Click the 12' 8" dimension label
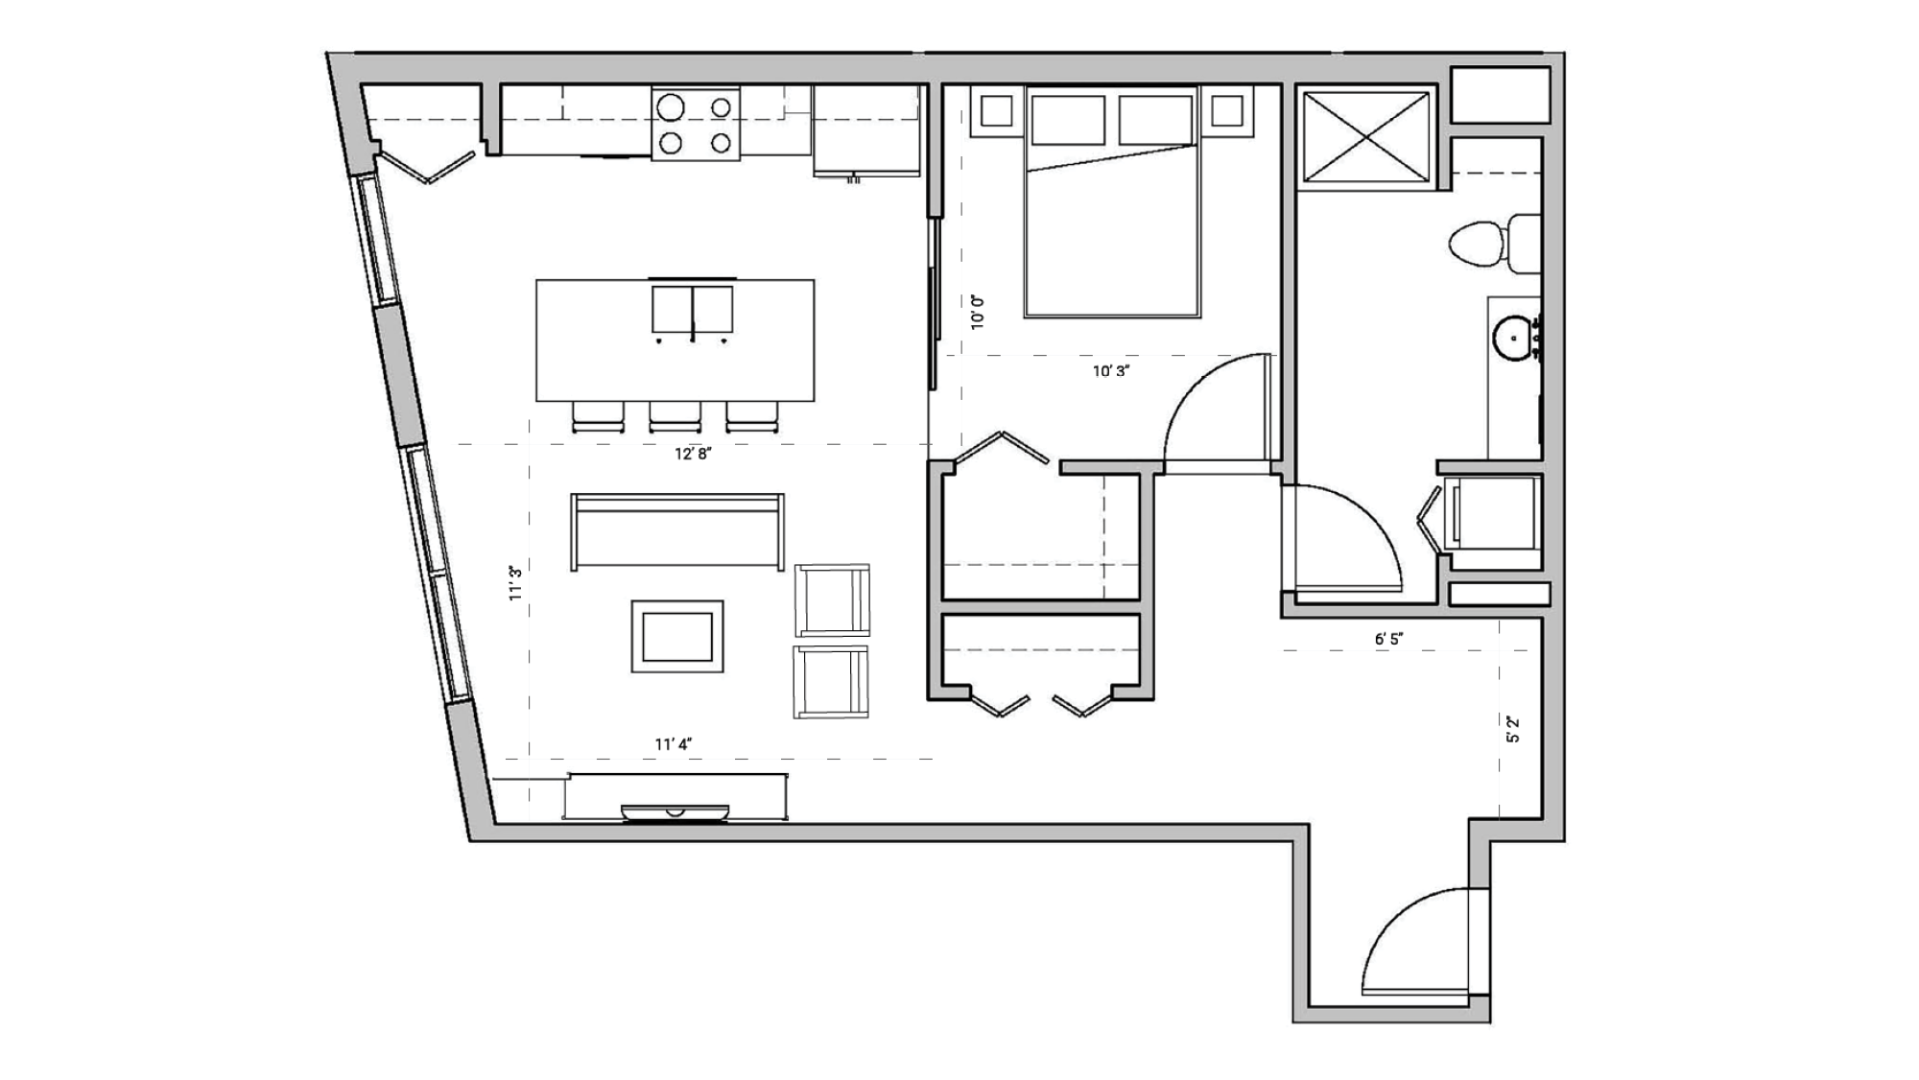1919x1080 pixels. click(x=692, y=454)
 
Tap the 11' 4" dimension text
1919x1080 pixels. click(x=673, y=744)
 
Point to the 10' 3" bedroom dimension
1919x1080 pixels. click(x=1110, y=371)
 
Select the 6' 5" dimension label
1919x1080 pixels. click(x=1388, y=639)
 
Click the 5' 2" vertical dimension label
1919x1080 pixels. click(x=1513, y=729)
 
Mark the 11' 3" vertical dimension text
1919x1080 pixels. click(x=516, y=583)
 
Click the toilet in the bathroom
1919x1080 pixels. click(x=1491, y=244)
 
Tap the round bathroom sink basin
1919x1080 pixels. click(x=1514, y=339)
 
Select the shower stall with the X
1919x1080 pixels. click(x=1365, y=135)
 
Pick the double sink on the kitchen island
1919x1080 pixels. click(x=692, y=310)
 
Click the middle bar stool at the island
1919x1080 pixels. click(x=675, y=416)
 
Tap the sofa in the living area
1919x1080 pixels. click(x=677, y=531)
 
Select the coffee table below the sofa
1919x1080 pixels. click(x=677, y=636)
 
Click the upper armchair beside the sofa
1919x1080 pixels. click(x=832, y=600)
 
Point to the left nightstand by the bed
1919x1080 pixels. click(x=997, y=111)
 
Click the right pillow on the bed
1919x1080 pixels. click(x=1155, y=120)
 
